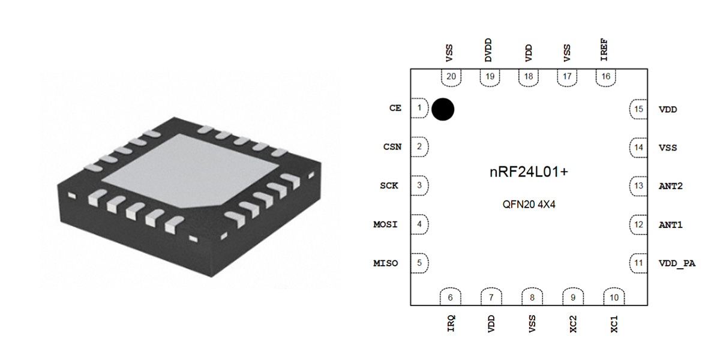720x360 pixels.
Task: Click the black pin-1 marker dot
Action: (443, 109)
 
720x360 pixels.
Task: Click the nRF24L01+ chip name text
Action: (529, 172)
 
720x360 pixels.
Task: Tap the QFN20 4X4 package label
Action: (529, 203)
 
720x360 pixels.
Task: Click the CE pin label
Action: (395, 109)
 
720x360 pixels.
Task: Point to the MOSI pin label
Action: (385, 225)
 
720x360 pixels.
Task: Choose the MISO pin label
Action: (385, 263)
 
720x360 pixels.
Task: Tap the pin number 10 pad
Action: (614, 297)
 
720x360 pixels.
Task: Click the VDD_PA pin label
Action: (677, 263)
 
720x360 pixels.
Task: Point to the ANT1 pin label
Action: (671, 225)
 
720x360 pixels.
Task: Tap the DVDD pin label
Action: (490, 52)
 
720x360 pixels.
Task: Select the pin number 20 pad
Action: (451, 77)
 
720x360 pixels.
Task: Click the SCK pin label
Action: (389, 186)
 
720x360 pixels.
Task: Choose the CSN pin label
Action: (392, 147)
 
